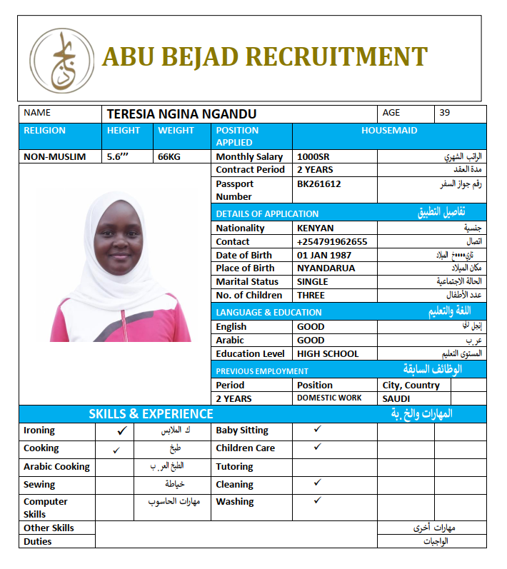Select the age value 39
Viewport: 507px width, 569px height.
[x=445, y=113]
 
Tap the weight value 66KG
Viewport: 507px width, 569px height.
[x=169, y=157]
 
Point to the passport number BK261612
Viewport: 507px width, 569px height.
[x=318, y=184]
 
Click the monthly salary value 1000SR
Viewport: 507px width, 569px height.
[x=313, y=157]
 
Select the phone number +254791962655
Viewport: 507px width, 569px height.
[x=332, y=242]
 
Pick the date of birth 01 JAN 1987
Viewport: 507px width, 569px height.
[x=323, y=256]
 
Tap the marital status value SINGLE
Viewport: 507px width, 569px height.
[x=313, y=282]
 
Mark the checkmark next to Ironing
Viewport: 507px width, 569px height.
[x=122, y=431]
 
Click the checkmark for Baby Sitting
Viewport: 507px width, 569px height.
[x=317, y=429]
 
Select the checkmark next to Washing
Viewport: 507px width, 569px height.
[x=317, y=500]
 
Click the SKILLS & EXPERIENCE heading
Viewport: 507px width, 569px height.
[x=151, y=414]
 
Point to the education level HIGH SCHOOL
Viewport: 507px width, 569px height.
[x=328, y=354]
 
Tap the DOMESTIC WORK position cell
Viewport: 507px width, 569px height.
[x=329, y=398]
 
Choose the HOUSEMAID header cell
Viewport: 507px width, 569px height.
[x=389, y=131]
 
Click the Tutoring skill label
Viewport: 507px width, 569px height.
[x=234, y=467]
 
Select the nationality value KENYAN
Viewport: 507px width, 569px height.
[x=315, y=228]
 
